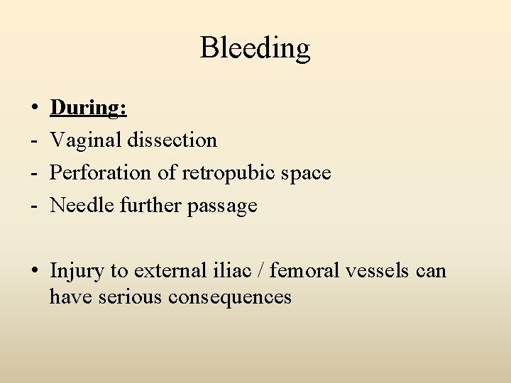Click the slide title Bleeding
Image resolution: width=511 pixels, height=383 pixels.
pyautogui.click(x=255, y=48)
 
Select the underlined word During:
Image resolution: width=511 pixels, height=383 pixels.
pyautogui.click(x=89, y=107)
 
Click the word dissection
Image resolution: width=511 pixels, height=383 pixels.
pyautogui.click(x=172, y=140)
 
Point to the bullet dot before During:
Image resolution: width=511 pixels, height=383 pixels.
pyautogui.click(x=34, y=109)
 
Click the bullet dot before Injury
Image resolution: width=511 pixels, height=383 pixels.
pyautogui.click(x=34, y=271)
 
